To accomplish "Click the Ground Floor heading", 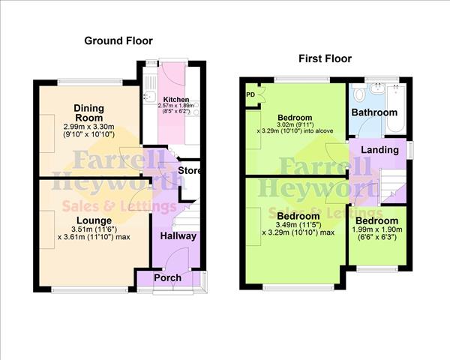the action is (118, 40).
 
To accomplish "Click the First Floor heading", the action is (325, 58).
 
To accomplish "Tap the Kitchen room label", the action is (176, 100).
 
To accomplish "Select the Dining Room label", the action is (88, 112).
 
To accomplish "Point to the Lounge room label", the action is (94, 220).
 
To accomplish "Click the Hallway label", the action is (178, 236).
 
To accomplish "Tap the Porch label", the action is (167, 277).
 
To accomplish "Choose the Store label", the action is (189, 170).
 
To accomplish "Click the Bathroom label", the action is (374, 112).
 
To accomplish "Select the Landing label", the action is (379, 150).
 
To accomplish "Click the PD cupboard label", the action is (250, 94).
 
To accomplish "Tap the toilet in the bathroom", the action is (358, 92).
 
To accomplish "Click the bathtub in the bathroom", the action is (396, 109).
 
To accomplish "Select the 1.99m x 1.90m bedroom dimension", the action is (377, 229).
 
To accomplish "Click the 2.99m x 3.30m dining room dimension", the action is (88, 127).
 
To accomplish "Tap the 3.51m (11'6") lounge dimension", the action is (94, 229).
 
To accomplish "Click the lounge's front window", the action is (90, 290).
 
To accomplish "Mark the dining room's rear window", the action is (90, 82).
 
